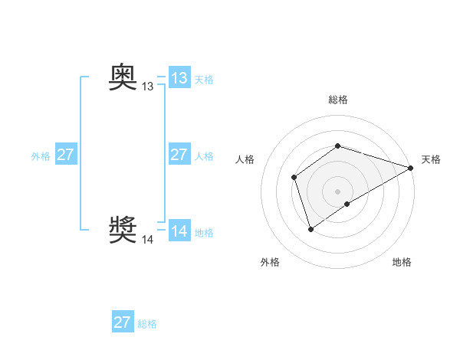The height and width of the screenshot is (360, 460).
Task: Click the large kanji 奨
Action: pyautogui.click(x=123, y=229)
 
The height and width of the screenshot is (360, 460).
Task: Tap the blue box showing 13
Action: pyautogui.click(x=179, y=78)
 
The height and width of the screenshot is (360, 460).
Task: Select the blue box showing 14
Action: pyautogui.click(x=179, y=231)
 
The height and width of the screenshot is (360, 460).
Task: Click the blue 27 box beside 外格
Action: pyautogui.click(x=65, y=155)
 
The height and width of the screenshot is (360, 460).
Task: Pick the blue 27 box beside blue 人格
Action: pyautogui.click(x=179, y=155)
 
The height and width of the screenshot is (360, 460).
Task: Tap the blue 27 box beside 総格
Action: pyautogui.click(x=123, y=322)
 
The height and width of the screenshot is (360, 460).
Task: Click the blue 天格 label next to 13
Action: pyautogui.click(x=204, y=80)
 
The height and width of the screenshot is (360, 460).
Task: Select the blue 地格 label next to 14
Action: pyautogui.click(x=204, y=233)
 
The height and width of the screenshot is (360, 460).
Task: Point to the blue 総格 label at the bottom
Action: pyautogui.click(x=147, y=324)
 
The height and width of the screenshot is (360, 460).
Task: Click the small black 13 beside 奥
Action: pyautogui.click(x=147, y=87)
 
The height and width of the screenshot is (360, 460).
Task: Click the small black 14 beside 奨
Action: pyautogui.click(x=147, y=240)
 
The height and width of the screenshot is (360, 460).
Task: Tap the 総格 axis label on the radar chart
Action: pyautogui.click(x=338, y=100)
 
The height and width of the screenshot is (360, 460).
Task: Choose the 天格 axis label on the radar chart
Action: pyautogui.click(x=431, y=159)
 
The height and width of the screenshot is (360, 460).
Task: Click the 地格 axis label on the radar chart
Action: pyautogui.click(x=402, y=262)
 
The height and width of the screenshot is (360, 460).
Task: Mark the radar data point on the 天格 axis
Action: pyautogui.click(x=411, y=168)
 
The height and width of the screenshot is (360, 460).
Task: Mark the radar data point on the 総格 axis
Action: pyautogui.click(x=338, y=146)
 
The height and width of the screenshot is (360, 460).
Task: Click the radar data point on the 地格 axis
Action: pyautogui.click(x=347, y=204)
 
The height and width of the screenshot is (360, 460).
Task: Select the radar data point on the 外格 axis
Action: pyautogui.click(x=310, y=229)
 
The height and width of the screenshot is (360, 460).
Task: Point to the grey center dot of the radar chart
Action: pyautogui.click(x=338, y=191)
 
